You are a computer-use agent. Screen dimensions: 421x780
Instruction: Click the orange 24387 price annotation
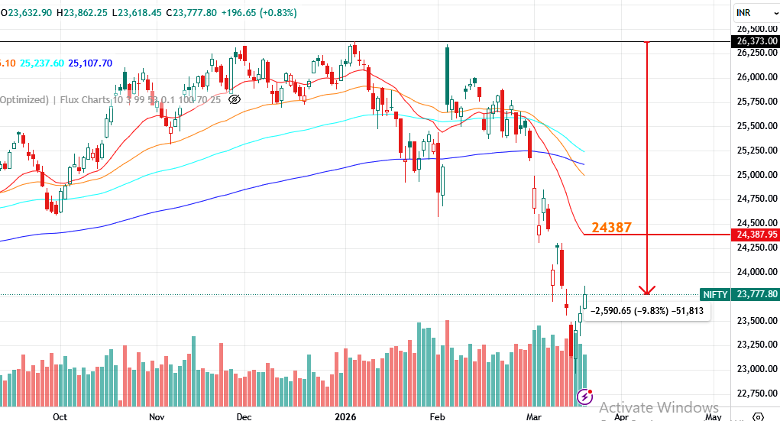[610, 227]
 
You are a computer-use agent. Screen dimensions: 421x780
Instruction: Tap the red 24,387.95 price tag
[756, 235]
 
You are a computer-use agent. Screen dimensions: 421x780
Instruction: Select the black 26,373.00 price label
[756, 41]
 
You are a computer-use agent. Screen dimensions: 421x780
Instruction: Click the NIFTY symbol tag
[715, 294]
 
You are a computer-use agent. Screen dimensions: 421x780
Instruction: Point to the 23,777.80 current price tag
[756, 294]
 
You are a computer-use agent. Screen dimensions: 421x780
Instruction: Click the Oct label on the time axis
[60, 417]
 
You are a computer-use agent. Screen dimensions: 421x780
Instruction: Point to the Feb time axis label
[438, 417]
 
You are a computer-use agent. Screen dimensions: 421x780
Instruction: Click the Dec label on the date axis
[244, 417]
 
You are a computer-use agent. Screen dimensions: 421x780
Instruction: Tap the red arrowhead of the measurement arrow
[647, 290]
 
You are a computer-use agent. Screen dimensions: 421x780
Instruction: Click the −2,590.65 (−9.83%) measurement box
[649, 311]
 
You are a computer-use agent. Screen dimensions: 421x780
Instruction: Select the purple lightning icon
[585, 396]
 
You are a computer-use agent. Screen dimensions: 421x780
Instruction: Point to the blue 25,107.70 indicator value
[90, 63]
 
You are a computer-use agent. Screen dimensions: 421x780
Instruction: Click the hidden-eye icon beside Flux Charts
[235, 99]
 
